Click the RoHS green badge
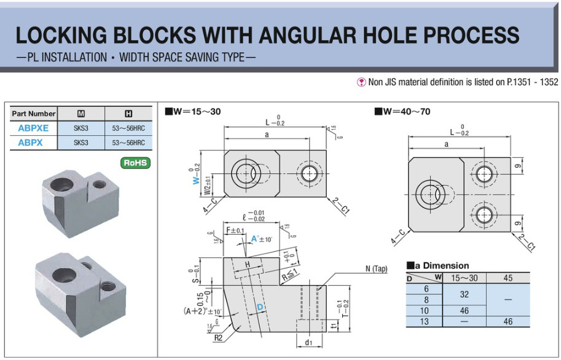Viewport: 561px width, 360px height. coord(136,163)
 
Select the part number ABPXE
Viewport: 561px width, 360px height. coord(33,128)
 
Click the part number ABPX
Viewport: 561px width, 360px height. coord(30,143)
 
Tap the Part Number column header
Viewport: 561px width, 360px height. coord(34,114)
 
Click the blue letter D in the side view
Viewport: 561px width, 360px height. coord(260,305)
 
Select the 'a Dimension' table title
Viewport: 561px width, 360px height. coord(437,266)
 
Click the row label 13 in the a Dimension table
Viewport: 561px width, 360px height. coord(425,322)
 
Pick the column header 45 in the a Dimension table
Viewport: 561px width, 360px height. coord(508,278)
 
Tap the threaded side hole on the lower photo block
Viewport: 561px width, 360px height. coord(108,286)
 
